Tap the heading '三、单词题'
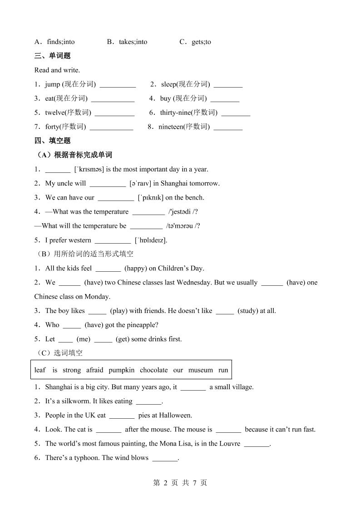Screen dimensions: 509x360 point(52,56)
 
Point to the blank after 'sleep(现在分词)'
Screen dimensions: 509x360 point(228,85)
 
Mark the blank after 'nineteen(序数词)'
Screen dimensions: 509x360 point(228,127)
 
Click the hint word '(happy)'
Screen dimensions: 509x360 point(135,268)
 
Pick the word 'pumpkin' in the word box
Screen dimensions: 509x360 point(122,370)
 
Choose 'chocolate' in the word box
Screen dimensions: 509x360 point(154,370)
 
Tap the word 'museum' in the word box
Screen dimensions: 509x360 point(201,370)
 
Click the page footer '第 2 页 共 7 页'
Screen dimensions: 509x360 point(180,483)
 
